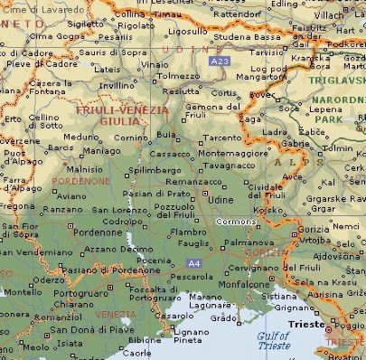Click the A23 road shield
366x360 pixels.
(217, 61)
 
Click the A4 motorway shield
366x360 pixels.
(193, 263)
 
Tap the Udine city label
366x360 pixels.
(221, 199)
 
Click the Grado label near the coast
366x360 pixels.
(222, 317)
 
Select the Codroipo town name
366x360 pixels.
(123, 221)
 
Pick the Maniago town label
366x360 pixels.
(106, 150)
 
